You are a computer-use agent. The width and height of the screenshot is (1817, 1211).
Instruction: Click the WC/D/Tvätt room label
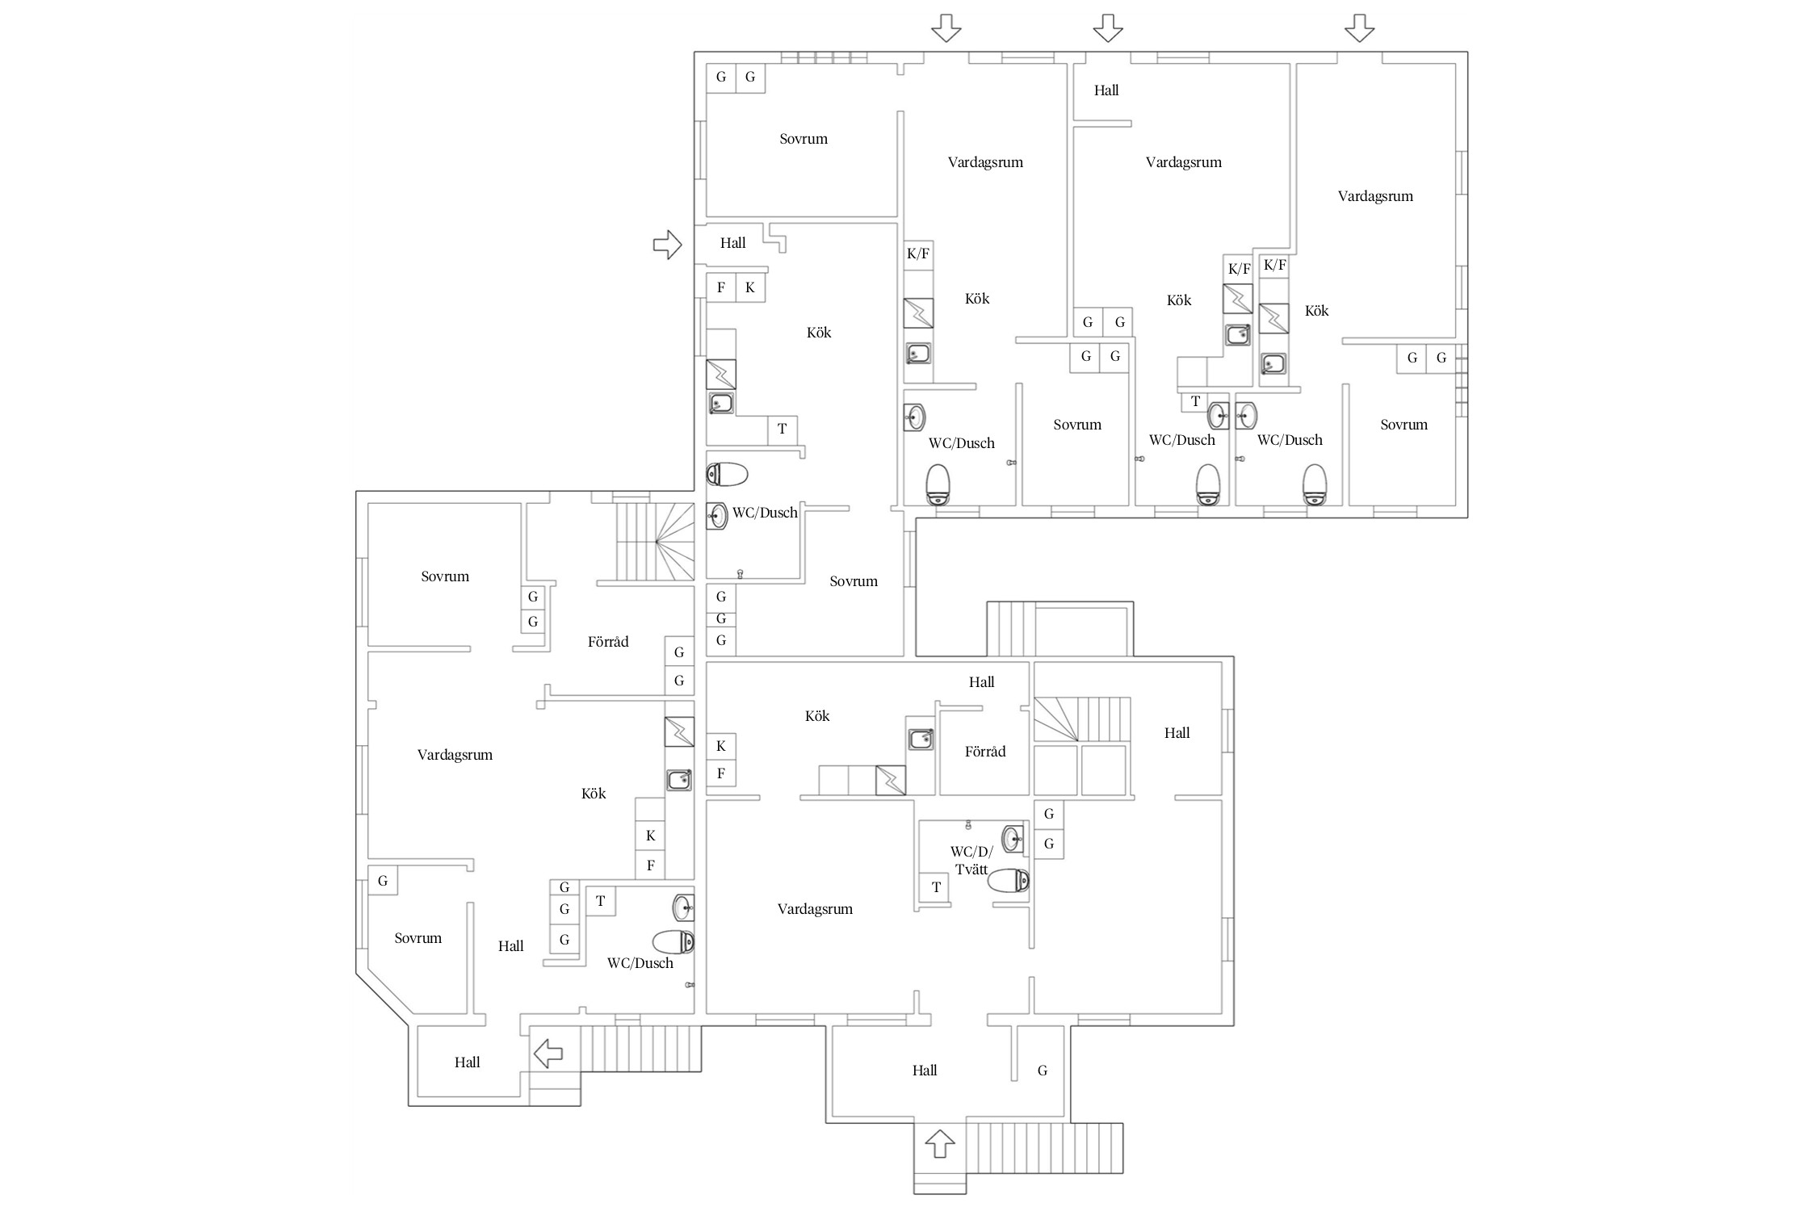[x=971, y=861]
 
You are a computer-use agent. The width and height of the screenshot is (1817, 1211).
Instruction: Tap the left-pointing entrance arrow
[x=548, y=1053]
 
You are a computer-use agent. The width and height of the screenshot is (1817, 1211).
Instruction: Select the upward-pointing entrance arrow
[x=940, y=1143]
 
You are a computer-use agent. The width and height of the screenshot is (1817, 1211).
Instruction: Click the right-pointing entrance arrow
[x=668, y=244]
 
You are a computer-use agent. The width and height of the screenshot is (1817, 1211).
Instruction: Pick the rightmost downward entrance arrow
[x=1359, y=28]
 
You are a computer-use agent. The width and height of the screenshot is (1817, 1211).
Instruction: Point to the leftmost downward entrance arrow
[x=946, y=28]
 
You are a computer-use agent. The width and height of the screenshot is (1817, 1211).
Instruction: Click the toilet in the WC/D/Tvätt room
[x=1009, y=880]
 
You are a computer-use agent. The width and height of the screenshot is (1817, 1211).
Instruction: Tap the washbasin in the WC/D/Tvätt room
[x=1013, y=840]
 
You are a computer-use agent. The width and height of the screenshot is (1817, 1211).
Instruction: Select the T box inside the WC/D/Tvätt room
[x=936, y=887]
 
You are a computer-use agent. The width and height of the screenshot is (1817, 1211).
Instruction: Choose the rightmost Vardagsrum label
[x=1375, y=196]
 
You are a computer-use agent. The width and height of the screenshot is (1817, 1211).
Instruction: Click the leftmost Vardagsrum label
[x=455, y=755]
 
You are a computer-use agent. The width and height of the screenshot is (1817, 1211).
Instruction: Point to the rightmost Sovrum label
[x=1404, y=425]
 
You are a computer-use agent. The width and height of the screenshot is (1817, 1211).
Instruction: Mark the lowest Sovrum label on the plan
[x=418, y=938]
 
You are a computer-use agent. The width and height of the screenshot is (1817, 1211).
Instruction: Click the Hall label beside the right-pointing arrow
[x=732, y=243]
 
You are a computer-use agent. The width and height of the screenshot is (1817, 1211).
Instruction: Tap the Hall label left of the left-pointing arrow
[x=467, y=1062]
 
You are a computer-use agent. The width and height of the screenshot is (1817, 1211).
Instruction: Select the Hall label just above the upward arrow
[x=925, y=1071]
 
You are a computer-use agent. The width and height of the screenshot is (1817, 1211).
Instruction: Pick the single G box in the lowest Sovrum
[x=383, y=881]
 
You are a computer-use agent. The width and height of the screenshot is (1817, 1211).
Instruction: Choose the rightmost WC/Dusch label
[x=1290, y=440]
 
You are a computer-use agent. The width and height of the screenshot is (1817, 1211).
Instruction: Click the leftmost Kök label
[x=594, y=794]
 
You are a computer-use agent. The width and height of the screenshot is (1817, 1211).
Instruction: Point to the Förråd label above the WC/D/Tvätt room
[x=985, y=752]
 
